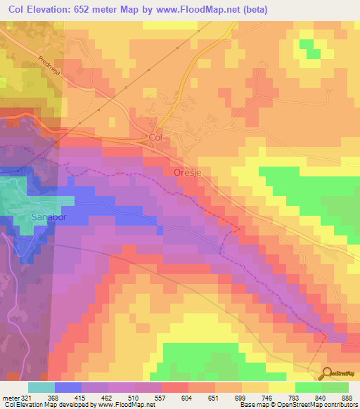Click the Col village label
(x=155, y=138)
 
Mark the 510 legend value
(x=136, y=398)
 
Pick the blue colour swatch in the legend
(x=68, y=387)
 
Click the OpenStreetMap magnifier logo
(x=328, y=373)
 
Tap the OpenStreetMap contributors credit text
(x=320, y=405)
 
